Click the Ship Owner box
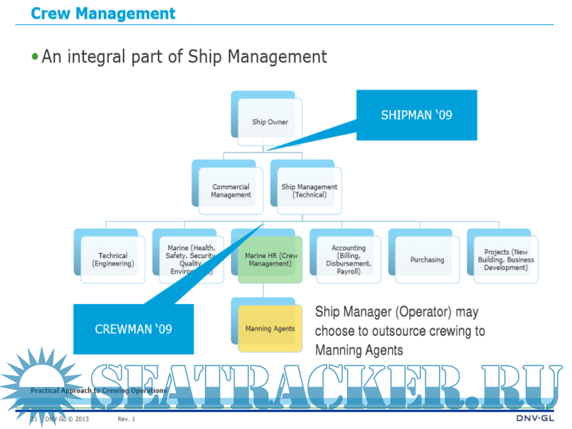270,122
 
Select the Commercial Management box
231,191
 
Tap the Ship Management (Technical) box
309,191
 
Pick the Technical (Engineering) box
113,260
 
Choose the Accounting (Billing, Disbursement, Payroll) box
349,260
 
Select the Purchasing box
427,260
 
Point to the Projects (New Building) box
506,260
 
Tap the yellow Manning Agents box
270,328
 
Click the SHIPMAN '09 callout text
417,115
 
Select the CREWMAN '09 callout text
134,329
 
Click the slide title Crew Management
103,13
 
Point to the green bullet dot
36,56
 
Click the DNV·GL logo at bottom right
535,419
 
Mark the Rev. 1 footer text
126,419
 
